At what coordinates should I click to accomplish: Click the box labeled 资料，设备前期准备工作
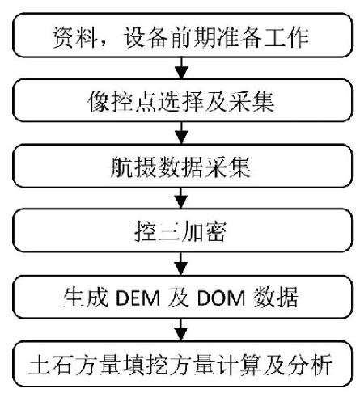click(182, 35)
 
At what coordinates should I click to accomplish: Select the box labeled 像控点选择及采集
click(182, 100)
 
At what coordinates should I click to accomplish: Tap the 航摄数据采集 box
click(182, 166)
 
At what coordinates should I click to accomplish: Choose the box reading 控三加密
click(182, 230)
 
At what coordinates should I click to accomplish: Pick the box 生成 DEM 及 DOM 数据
click(182, 297)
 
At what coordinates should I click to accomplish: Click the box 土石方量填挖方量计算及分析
click(182, 364)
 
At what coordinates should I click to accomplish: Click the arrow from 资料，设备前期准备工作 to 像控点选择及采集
click(182, 68)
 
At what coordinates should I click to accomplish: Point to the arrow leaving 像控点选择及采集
click(182, 133)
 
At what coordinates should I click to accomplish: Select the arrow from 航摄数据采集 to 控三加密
click(182, 198)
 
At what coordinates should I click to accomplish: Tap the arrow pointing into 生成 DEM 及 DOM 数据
click(182, 264)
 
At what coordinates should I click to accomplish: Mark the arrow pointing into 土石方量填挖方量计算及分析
click(182, 330)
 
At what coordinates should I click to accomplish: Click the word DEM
click(138, 298)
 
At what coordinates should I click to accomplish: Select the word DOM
click(221, 298)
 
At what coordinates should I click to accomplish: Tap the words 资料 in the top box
click(74, 37)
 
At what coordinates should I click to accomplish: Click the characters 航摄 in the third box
click(133, 167)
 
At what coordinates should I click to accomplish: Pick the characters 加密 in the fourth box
click(203, 232)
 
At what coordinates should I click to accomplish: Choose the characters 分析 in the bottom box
click(310, 366)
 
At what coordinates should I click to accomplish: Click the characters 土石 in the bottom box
click(50, 366)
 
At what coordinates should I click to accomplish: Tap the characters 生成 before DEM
click(86, 297)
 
